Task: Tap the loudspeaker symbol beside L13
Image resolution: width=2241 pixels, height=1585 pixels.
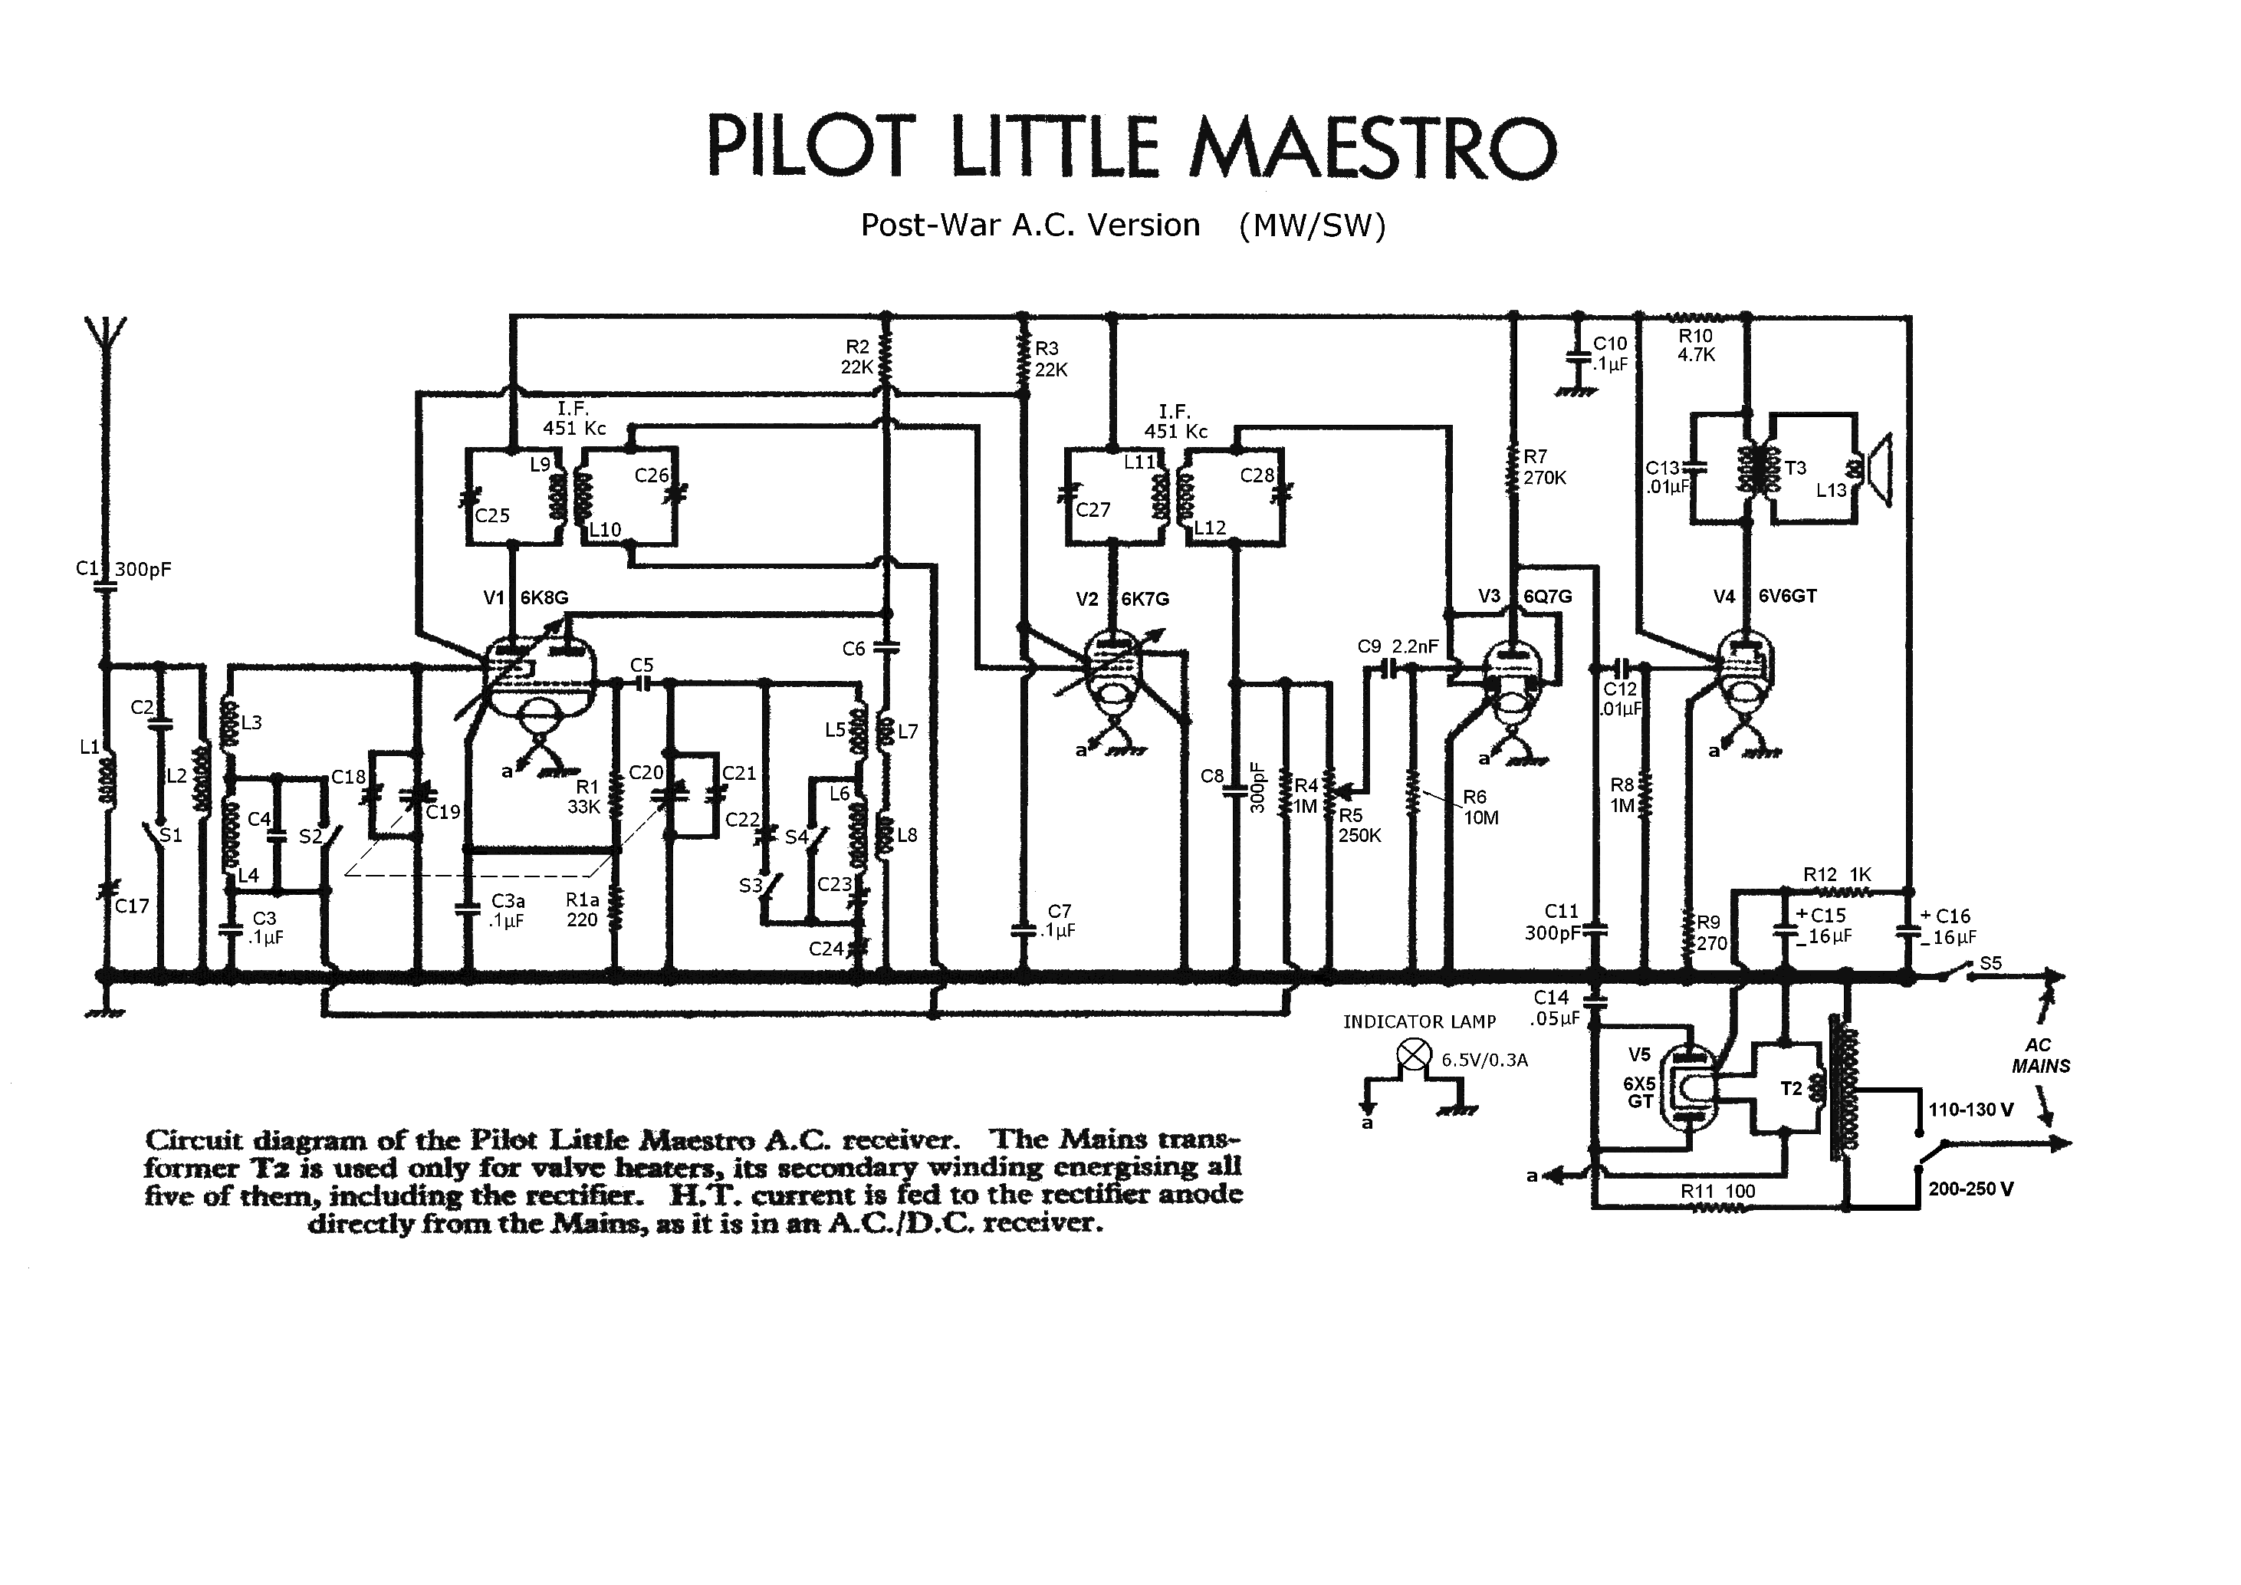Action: tap(1879, 470)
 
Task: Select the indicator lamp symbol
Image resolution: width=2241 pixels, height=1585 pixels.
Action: tap(1415, 1055)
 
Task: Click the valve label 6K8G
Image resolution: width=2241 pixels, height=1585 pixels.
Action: tap(544, 597)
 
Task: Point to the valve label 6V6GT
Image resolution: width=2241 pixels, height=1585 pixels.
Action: tap(1787, 595)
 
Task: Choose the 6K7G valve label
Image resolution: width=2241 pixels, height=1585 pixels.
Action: tap(1145, 598)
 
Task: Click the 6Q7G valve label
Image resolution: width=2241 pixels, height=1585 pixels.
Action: tap(1548, 595)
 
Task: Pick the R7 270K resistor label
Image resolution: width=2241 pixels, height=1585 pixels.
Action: tap(1544, 466)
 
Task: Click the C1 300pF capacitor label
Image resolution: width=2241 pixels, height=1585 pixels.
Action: tap(124, 569)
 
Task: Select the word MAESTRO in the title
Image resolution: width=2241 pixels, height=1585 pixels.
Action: tap(1372, 147)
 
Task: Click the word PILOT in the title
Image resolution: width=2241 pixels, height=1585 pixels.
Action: tap(811, 147)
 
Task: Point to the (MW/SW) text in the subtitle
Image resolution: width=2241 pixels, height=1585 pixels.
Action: tap(1312, 225)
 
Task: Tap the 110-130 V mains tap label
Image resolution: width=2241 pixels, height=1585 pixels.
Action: tap(1970, 1110)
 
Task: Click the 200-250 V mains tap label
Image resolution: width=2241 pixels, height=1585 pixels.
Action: tap(1970, 1189)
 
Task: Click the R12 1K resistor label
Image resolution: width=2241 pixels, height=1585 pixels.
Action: tap(1837, 874)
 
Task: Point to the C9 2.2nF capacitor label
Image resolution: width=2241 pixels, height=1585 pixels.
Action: tap(1398, 646)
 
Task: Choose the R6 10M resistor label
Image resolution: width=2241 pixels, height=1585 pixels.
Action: tap(1480, 807)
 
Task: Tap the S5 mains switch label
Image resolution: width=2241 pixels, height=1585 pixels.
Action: tap(1990, 963)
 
